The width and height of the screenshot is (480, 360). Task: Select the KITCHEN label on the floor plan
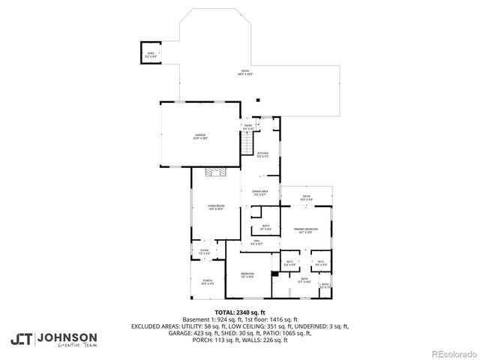tap(262, 154)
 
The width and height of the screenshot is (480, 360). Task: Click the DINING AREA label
tap(260, 193)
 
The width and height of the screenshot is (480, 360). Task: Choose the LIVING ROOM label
tap(216, 207)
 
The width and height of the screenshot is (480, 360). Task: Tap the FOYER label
tap(204, 250)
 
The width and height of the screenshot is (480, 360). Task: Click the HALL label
tap(256, 241)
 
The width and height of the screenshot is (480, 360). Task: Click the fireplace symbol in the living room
tap(216, 173)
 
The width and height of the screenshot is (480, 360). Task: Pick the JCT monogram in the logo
tap(20, 339)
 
